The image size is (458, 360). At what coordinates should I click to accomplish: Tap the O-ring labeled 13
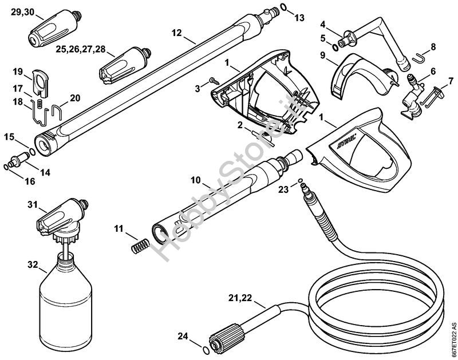[x=284, y=10]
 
